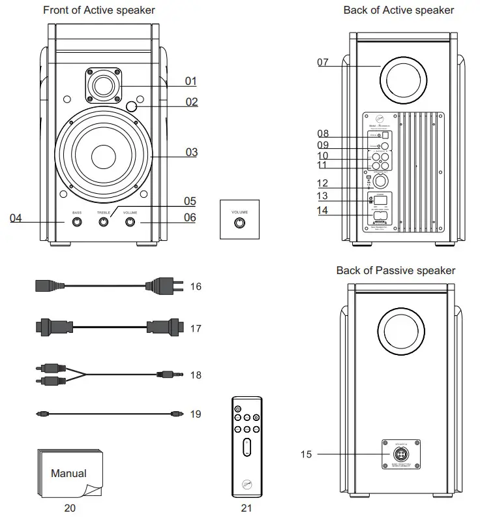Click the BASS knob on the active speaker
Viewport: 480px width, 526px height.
click(x=77, y=223)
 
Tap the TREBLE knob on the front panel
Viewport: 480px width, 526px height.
click(x=104, y=223)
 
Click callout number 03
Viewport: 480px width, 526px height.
click(x=191, y=153)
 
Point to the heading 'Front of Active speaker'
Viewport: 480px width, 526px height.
click(x=99, y=10)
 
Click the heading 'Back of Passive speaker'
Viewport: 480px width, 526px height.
click(x=396, y=270)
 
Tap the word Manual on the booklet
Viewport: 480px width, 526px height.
click(x=68, y=473)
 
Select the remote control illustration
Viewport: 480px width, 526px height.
click(x=247, y=447)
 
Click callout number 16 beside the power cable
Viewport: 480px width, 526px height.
click(x=196, y=286)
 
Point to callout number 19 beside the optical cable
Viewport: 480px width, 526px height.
click(x=196, y=414)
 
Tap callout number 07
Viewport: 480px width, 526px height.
click(x=323, y=63)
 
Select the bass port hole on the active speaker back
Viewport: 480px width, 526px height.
click(x=404, y=84)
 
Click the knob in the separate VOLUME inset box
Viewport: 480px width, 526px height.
click(x=240, y=223)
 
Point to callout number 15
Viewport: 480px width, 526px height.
click(x=307, y=454)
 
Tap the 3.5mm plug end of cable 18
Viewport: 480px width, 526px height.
click(x=168, y=375)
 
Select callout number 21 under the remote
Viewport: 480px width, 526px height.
click(x=246, y=508)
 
